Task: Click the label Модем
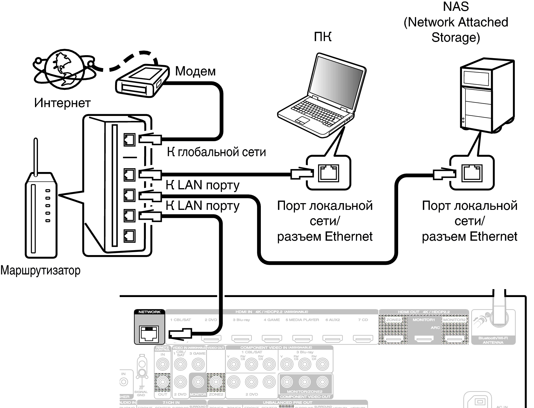(x=195, y=71)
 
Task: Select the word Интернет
(x=62, y=103)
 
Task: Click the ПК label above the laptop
(x=323, y=37)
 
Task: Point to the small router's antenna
(x=36, y=157)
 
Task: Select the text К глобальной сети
(x=216, y=152)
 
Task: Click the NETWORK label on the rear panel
(x=149, y=312)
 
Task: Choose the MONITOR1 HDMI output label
(x=424, y=320)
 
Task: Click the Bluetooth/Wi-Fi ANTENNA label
(x=493, y=340)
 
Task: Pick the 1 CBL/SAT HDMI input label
(x=181, y=320)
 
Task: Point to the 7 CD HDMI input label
(x=363, y=320)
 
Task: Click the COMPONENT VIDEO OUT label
(x=305, y=397)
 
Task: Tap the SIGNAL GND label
(x=141, y=393)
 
